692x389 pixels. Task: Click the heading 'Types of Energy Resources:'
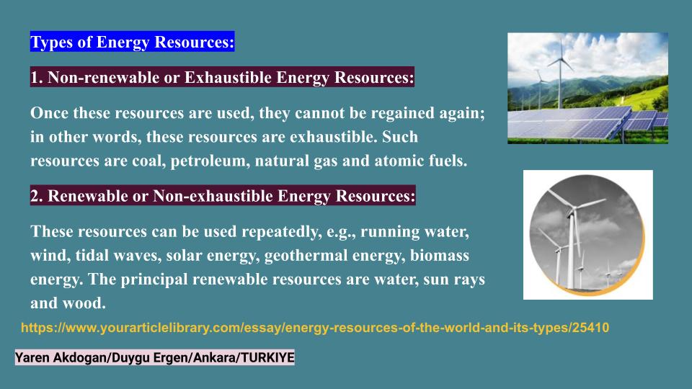click(x=133, y=43)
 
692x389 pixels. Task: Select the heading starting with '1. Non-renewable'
click(x=222, y=78)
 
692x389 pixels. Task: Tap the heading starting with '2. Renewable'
click(x=223, y=196)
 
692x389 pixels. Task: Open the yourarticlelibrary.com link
click(x=314, y=328)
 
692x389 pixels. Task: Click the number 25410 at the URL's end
click(x=590, y=328)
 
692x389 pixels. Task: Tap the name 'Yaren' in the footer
click(x=33, y=358)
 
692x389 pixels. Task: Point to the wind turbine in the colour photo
click(x=559, y=72)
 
